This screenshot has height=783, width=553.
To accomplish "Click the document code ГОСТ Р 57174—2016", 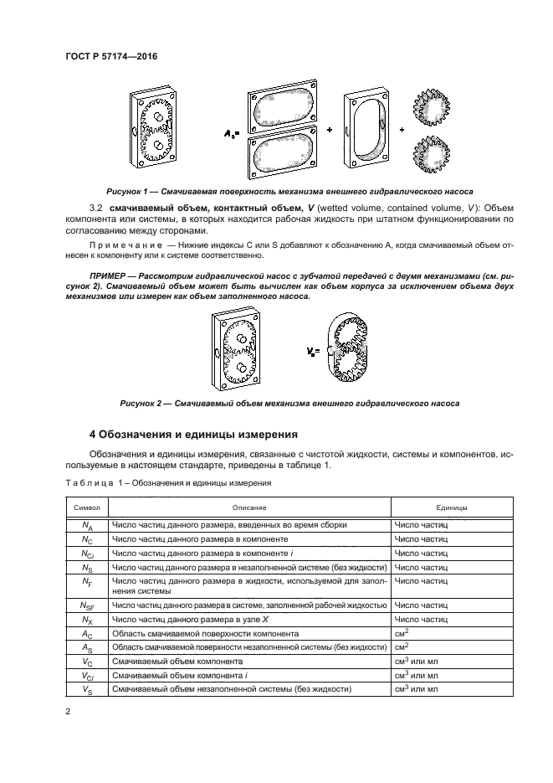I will tap(110, 57).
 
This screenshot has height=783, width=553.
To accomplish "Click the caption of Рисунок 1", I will tap(284, 191).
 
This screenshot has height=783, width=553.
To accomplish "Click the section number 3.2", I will tap(96, 206).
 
